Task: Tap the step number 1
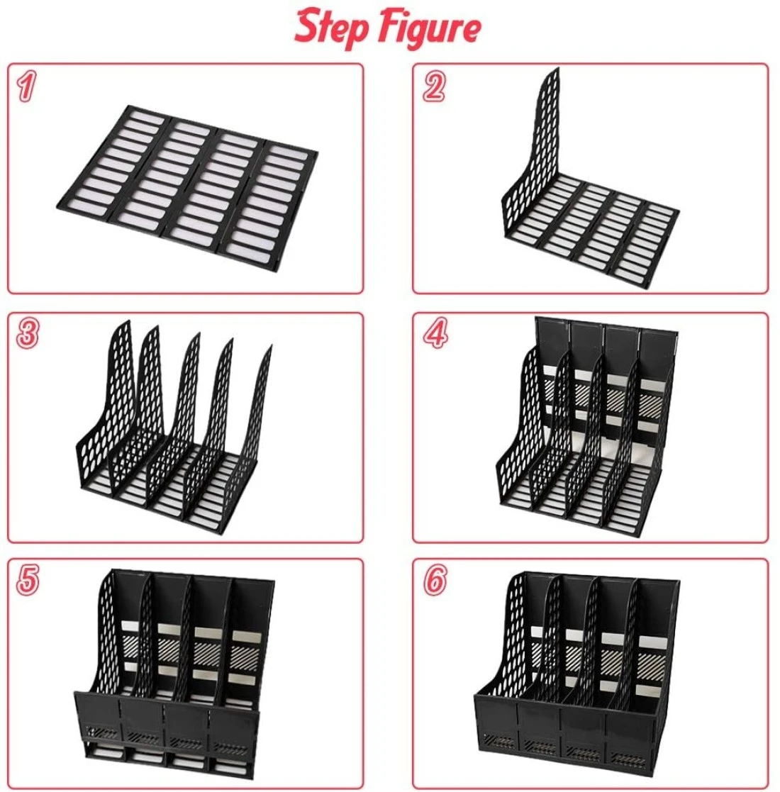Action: (x=27, y=87)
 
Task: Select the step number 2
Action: (x=433, y=87)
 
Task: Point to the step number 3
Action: (x=27, y=334)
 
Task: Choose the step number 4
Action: (x=435, y=334)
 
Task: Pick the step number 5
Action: (x=27, y=579)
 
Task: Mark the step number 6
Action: (x=435, y=579)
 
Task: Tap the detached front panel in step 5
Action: (x=167, y=727)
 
